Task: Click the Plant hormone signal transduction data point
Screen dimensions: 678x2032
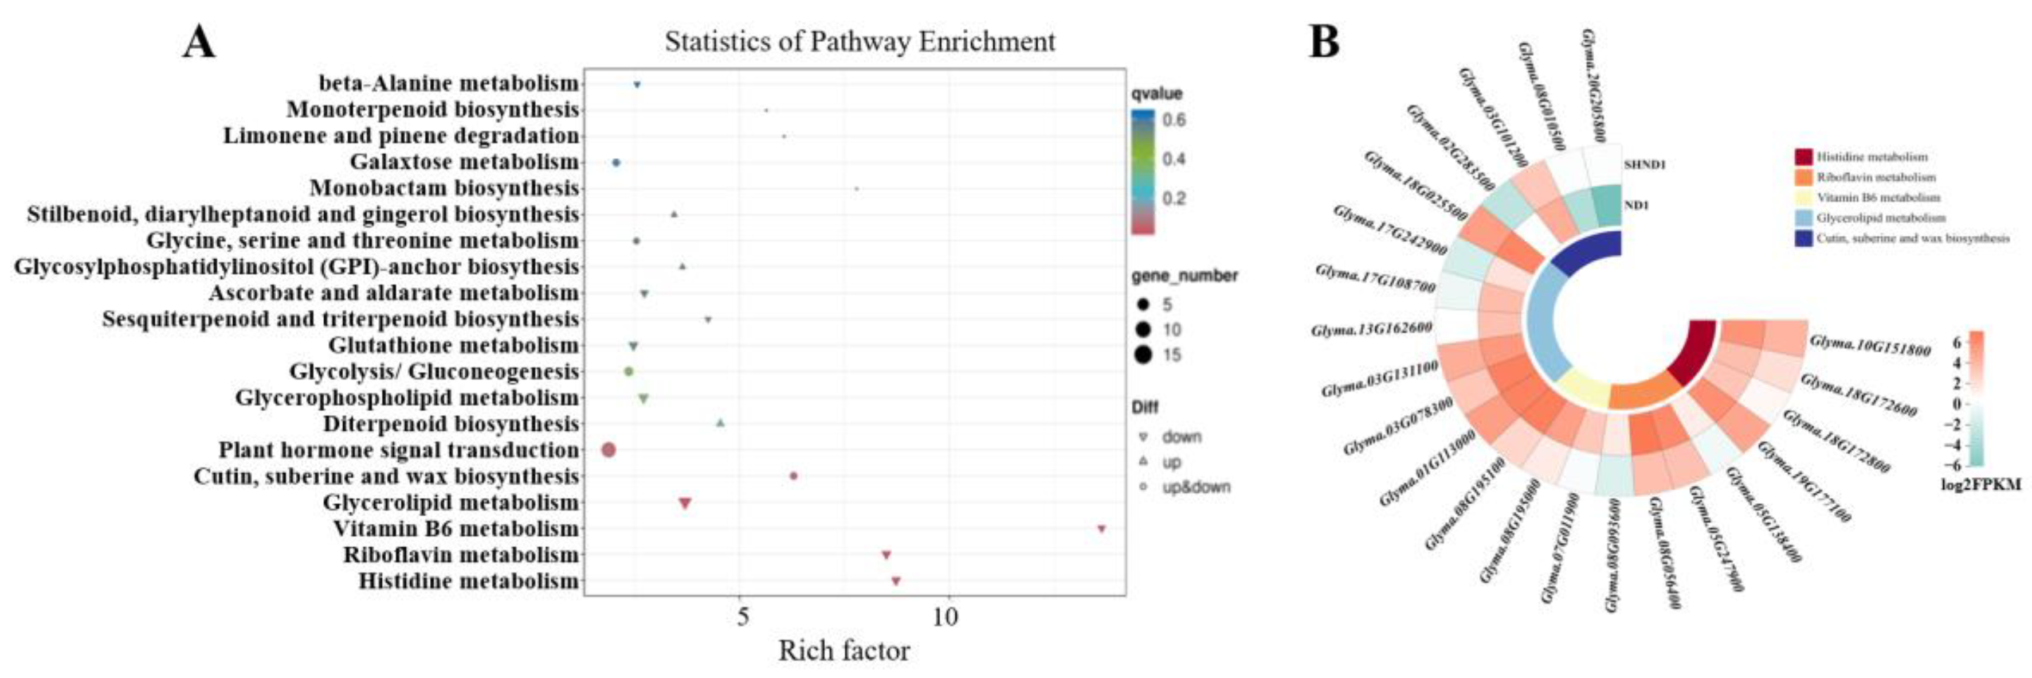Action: pyautogui.click(x=608, y=450)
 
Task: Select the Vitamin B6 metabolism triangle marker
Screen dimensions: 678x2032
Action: pyautogui.click(x=1101, y=529)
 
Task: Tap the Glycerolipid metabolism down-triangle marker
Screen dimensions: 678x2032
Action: pyautogui.click(x=685, y=503)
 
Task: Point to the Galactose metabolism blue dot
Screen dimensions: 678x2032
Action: pyautogui.click(x=616, y=162)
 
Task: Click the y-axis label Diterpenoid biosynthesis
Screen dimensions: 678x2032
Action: pyautogui.click(x=451, y=424)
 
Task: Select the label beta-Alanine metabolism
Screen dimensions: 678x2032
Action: pyautogui.click(x=448, y=83)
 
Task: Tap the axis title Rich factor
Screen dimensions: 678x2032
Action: pyautogui.click(x=844, y=651)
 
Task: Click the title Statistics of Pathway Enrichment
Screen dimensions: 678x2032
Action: pyautogui.click(x=860, y=41)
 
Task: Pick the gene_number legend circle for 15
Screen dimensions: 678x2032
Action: pyautogui.click(x=1143, y=354)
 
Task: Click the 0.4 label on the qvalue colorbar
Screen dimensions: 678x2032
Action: pyautogui.click(x=1174, y=159)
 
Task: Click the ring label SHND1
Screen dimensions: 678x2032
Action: pyautogui.click(x=1644, y=165)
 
